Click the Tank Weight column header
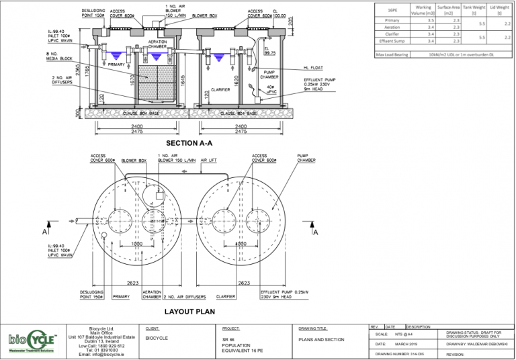tap(479, 10)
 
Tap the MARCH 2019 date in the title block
tap(408, 344)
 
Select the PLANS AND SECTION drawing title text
tap(320, 339)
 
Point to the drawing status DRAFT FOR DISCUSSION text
tap(478, 334)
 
